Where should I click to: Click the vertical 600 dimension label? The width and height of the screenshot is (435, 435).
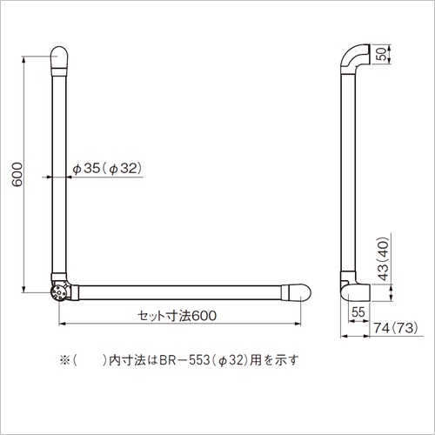point(17,175)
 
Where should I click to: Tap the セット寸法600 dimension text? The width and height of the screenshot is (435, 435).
point(177,316)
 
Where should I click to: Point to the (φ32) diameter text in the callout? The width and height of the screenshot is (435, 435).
point(123,169)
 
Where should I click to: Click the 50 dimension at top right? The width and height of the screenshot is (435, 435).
point(383,54)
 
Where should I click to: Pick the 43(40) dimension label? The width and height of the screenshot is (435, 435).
point(384,258)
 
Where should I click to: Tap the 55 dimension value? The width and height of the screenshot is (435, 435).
point(358,312)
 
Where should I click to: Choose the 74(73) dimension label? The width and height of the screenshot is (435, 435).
point(396,328)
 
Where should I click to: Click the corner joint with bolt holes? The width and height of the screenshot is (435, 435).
point(59,292)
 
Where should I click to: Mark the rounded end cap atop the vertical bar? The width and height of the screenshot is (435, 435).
point(59,57)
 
